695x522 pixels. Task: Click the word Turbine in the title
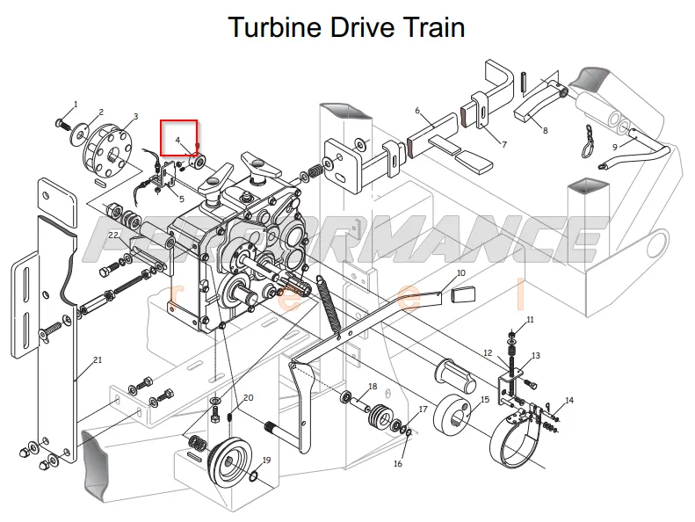tap(274, 27)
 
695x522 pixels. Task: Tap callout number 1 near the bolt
tap(76, 105)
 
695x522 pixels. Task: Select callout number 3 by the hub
tap(135, 117)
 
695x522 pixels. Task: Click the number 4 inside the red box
tap(177, 140)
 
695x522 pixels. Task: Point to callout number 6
tap(417, 111)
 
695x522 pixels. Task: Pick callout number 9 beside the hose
tap(615, 147)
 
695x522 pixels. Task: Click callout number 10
tap(461, 272)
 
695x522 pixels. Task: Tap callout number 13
tap(536, 355)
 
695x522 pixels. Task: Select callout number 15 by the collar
tap(485, 400)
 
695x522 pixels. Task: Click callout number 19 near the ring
tap(266, 460)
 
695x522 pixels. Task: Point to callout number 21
tap(98, 359)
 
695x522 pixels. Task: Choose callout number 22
tap(113, 235)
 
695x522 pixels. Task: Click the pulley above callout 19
tap(230, 461)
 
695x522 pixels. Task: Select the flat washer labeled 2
tap(79, 132)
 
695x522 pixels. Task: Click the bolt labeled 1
tap(63, 124)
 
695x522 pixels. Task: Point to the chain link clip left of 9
tap(588, 141)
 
